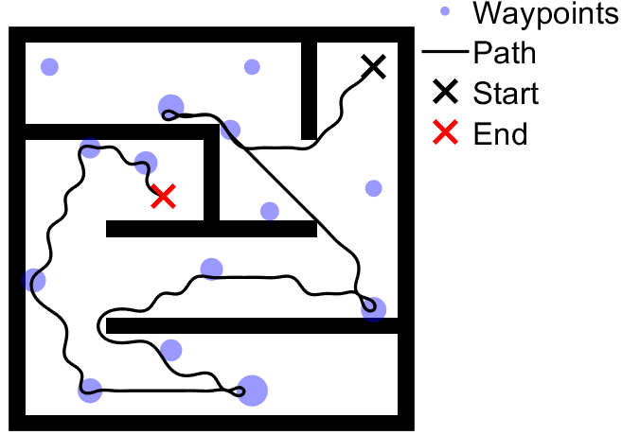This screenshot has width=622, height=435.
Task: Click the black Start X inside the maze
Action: point(374,66)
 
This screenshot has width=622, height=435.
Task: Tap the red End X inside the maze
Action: point(164,196)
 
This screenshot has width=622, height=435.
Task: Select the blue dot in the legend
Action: point(446,13)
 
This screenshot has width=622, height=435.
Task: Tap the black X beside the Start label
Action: point(446,94)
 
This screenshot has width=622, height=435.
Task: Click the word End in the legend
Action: point(500,134)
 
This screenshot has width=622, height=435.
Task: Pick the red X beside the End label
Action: point(446,134)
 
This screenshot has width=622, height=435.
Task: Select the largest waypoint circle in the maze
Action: point(252,390)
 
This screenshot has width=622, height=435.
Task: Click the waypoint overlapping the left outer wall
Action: point(34,280)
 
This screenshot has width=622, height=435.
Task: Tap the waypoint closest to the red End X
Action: point(146,163)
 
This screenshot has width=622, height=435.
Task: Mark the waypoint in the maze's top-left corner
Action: point(49,66)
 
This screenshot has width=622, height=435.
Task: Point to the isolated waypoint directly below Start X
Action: point(374,188)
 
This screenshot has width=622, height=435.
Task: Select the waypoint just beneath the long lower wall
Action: point(171,350)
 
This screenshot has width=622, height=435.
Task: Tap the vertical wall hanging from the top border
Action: point(309,90)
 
